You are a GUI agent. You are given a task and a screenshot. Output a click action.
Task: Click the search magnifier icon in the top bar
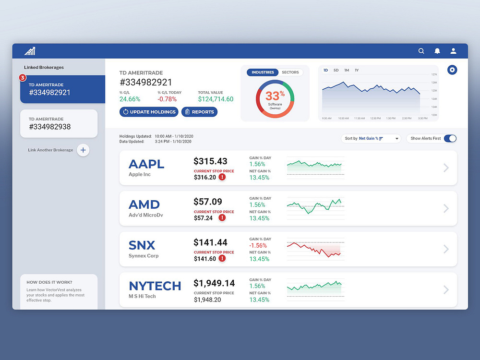coord(421,51)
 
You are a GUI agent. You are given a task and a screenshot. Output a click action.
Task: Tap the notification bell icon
coord(437,51)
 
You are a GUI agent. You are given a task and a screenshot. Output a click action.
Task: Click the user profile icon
coord(453,51)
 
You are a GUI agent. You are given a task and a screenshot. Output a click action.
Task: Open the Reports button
coord(199,112)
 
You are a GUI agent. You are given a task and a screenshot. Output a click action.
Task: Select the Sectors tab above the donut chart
coord(290,72)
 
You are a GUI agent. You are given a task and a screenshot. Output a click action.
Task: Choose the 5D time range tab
coord(336,71)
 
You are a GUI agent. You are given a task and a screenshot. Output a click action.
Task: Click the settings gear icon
coord(452,70)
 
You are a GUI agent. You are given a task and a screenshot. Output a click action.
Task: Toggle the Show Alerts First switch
coord(450,139)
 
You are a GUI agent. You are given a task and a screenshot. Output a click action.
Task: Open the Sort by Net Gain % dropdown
coord(371,139)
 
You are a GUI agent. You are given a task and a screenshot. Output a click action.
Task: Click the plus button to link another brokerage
coord(83,150)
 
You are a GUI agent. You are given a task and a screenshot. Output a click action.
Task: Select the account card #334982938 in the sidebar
coord(59,123)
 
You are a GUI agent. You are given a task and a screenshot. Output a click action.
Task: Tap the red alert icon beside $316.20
coord(222,177)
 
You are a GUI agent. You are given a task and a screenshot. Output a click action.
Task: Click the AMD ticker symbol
coord(144,204)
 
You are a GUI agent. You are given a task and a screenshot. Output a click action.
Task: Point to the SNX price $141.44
coord(210,242)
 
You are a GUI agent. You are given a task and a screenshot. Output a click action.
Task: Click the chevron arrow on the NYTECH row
coord(446,290)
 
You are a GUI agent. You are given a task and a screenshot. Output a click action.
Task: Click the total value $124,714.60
coord(216,99)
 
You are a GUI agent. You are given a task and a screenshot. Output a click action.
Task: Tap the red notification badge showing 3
coord(22,77)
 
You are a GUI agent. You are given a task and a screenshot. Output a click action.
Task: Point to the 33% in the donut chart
coord(275,95)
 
